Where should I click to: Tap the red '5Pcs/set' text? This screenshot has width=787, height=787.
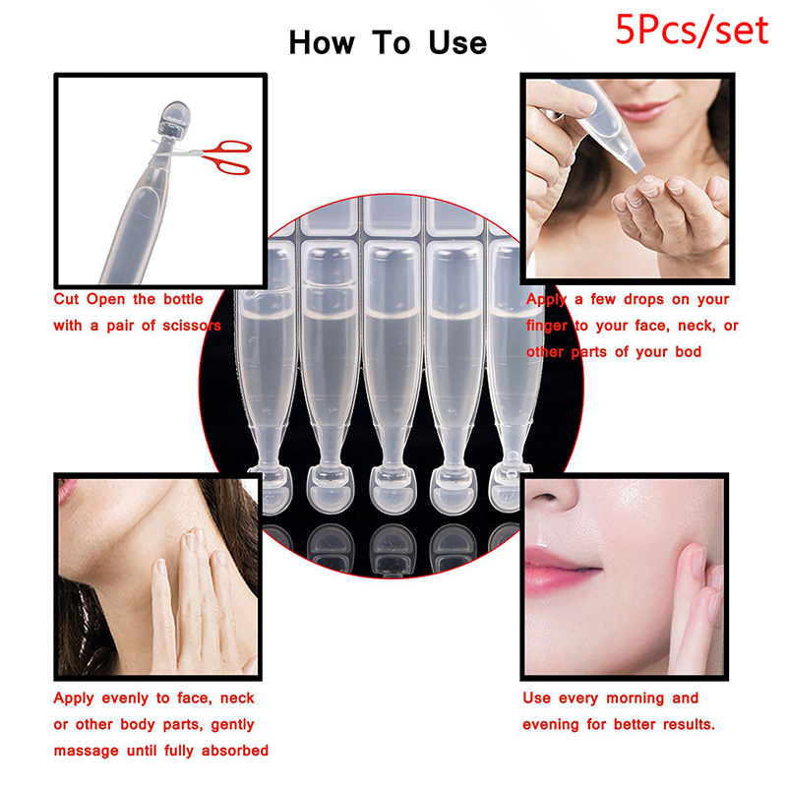[x=692, y=30]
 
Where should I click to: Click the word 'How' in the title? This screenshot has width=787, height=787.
[x=322, y=43]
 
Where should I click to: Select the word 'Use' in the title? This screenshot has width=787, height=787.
[x=457, y=43]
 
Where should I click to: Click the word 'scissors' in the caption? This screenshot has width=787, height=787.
[x=191, y=326]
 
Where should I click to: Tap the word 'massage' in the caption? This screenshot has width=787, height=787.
[x=87, y=752]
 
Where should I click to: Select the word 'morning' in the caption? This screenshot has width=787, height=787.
[x=635, y=698]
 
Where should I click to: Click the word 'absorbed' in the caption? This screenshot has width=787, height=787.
[x=235, y=751]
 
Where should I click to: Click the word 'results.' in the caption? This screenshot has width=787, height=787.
[x=689, y=725]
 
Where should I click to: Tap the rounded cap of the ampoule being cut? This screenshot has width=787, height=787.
[x=174, y=119]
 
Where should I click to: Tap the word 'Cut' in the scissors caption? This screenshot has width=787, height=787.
[x=66, y=300]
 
